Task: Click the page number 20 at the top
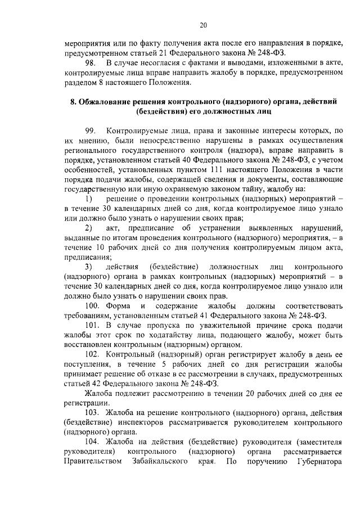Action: point(204,25)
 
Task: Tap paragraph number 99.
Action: point(91,131)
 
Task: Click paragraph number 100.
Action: point(92,305)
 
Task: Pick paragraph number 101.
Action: point(92,325)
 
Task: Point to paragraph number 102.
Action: point(92,354)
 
